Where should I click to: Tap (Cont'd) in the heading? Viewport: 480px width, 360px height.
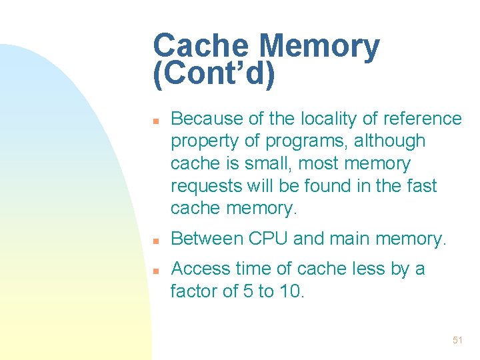213,75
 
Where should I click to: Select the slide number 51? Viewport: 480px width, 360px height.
457,340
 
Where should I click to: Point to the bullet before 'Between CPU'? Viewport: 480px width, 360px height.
154,240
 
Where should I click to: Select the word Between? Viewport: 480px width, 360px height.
206,238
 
